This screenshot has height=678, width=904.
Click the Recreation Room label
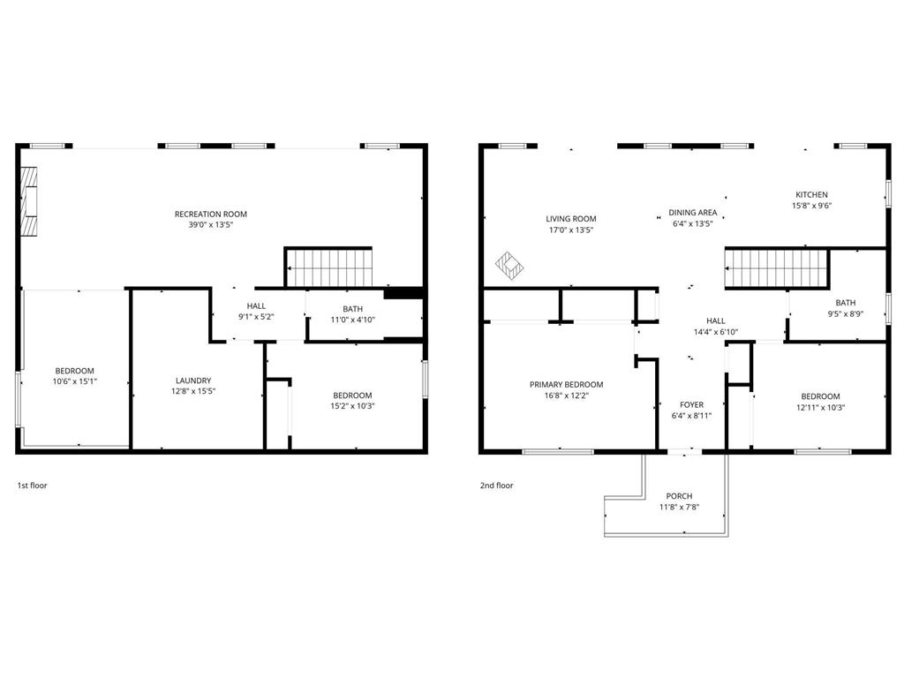click(x=210, y=214)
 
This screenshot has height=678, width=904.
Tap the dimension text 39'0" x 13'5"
click(x=210, y=225)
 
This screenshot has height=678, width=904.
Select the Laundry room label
click(x=193, y=380)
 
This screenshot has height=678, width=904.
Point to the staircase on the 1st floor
click(x=328, y=267)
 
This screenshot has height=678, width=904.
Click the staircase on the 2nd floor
click(x=777, y=268)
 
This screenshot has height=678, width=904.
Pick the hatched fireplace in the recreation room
click(x=29, y=201)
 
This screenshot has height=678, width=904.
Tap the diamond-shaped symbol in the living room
click(x=509, y=266)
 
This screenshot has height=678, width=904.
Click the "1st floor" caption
click(x=33, y=486)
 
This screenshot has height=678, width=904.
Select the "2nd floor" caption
click(x=496, y=486)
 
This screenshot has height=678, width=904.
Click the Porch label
click(x=679, y=496)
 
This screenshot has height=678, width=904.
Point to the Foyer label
click(x=691, y=404)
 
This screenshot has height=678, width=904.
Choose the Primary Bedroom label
click(x=566, y=385)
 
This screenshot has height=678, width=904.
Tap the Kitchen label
click(x=812, y=195)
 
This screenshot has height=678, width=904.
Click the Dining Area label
click(x=692, y=212)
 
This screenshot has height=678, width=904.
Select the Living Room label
click(x=571, y=219)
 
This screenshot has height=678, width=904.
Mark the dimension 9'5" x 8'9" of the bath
click(x=845, y=314)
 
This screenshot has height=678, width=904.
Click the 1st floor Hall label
click(x=256, y=306)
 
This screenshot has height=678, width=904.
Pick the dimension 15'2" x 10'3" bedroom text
click(x=352, y=406)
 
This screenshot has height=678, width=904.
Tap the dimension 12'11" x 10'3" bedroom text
click(x=820, y=408)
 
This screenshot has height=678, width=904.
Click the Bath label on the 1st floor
click(x=352, y=309)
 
